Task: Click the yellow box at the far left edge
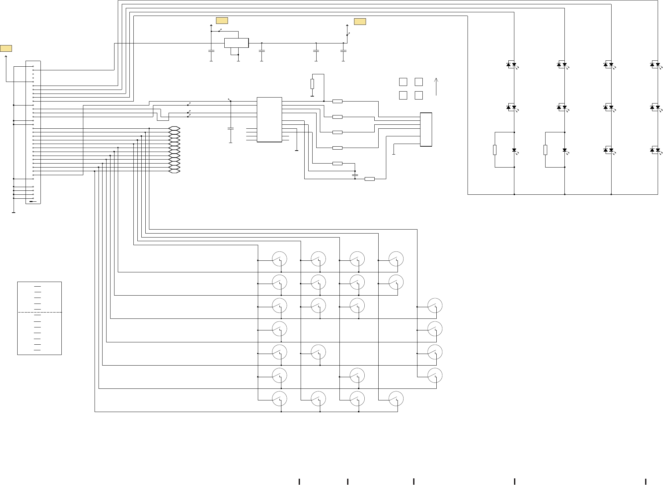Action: [x=6, y=48]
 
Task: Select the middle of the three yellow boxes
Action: [x=222, y=21]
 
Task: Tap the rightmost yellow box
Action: [x=360, y=22]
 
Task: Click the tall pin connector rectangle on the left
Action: [x=33, y=132]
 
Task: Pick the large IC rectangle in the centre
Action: [x=269, y=120]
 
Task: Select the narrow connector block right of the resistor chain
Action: [x=426, y=129]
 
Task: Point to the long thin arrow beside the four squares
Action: [x=436, y=87]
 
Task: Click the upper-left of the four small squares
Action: [x=403, y=82]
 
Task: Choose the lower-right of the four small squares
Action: [x=419, y=96]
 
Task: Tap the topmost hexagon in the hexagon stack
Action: [x=174, y=128]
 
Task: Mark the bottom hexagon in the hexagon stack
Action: [x=174, y=171]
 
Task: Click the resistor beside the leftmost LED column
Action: [x=495, y=150]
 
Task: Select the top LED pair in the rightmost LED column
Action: [x=655, y=64]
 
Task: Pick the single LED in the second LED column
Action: [x=564, y=150]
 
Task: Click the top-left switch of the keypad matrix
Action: [x=279, y=259]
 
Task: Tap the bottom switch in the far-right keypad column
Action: [x=435, y=376]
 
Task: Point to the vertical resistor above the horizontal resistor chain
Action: [x=312, y=84]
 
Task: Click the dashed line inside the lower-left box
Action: [x=39, y=312]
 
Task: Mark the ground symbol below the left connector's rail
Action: [x=14, y=212]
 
